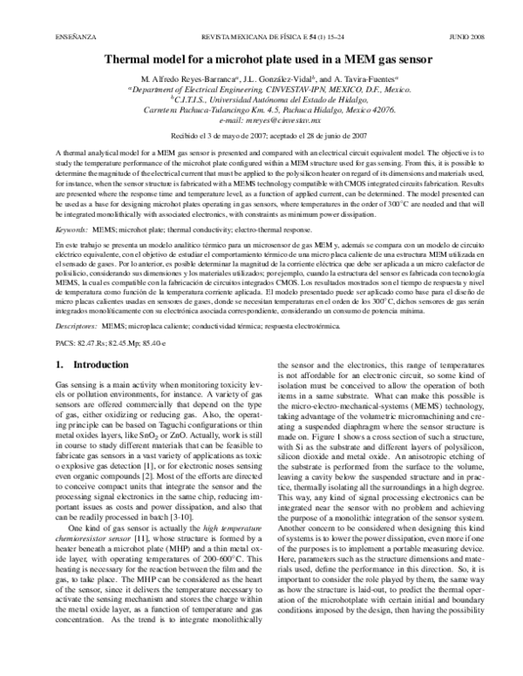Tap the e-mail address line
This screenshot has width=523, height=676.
coord(261,122)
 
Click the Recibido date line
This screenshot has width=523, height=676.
coord(261,137)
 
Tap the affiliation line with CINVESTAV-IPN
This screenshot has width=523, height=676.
coord(261,90)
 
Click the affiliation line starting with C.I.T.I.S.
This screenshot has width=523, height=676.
coord(261,100)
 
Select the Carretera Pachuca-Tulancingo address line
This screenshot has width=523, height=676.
coord(261,112)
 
